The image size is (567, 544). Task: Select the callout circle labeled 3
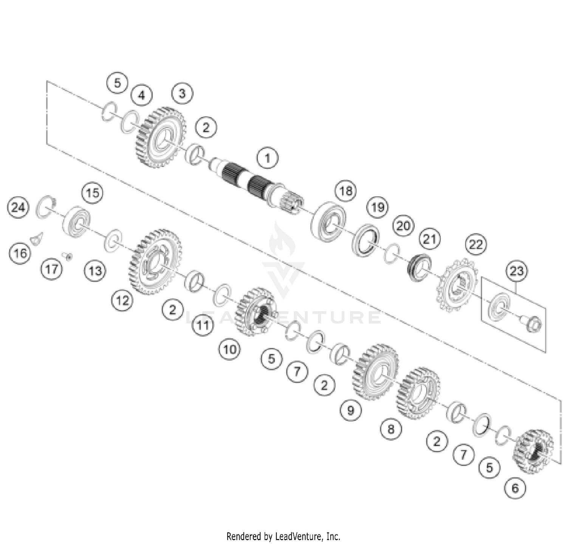coord(182,93)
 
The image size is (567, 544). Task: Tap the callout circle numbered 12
coord(122,301)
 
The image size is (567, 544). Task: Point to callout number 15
coord(93,193)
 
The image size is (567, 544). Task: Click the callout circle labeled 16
coord(20,253)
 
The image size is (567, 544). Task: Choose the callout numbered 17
coord(52,269)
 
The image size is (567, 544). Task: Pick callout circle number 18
coord(345,191)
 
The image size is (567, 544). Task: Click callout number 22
coord(476,245)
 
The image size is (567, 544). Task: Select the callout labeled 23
coord(517,271)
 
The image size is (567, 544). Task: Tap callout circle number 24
coord(19,207)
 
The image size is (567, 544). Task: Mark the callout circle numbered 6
coord(515,488)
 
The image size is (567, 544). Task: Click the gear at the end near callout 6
coord(533,451)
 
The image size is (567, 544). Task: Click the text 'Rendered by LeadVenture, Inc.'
coord(283,536)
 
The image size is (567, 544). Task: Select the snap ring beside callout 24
coord(45,207)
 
